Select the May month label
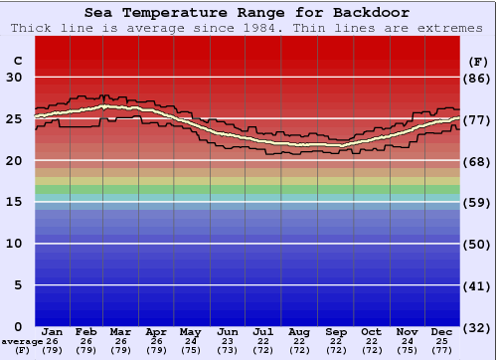[190, 331]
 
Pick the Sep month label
[335, 331]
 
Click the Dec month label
[442, 331]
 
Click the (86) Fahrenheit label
[477, 78]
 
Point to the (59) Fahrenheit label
[477, 202]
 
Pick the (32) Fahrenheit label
[477, 327]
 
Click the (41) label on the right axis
[477, 285]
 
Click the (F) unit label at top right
[477, 61]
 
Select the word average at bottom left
[21, 341]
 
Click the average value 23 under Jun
[227, 341]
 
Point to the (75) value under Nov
[407, 350]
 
